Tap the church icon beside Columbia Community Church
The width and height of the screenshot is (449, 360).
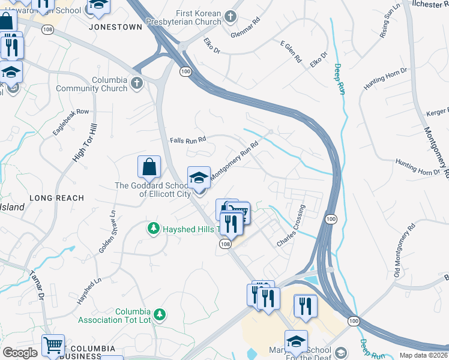(x=137, y=83)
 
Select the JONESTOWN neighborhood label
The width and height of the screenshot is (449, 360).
(x=115, y=27)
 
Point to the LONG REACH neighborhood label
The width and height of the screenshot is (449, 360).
(x=57, y=198)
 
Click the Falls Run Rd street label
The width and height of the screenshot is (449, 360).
(x=188, y=139)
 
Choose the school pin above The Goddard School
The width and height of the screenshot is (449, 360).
(x=199, y=178)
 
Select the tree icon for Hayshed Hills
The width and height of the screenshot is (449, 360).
(x=154, y=228)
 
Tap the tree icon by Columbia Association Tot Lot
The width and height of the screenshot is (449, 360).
(x=159, y=314)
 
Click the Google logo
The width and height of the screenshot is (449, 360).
(x=20, y=353)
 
